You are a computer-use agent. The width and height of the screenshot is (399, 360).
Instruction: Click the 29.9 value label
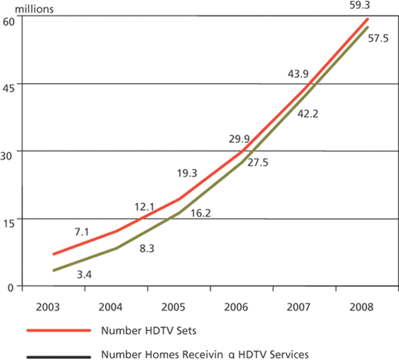tap(240, 138)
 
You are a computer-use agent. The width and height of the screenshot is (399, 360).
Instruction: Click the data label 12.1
tap(144, 207)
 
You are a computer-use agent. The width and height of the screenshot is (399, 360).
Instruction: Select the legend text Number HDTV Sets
tap(142, 330)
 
